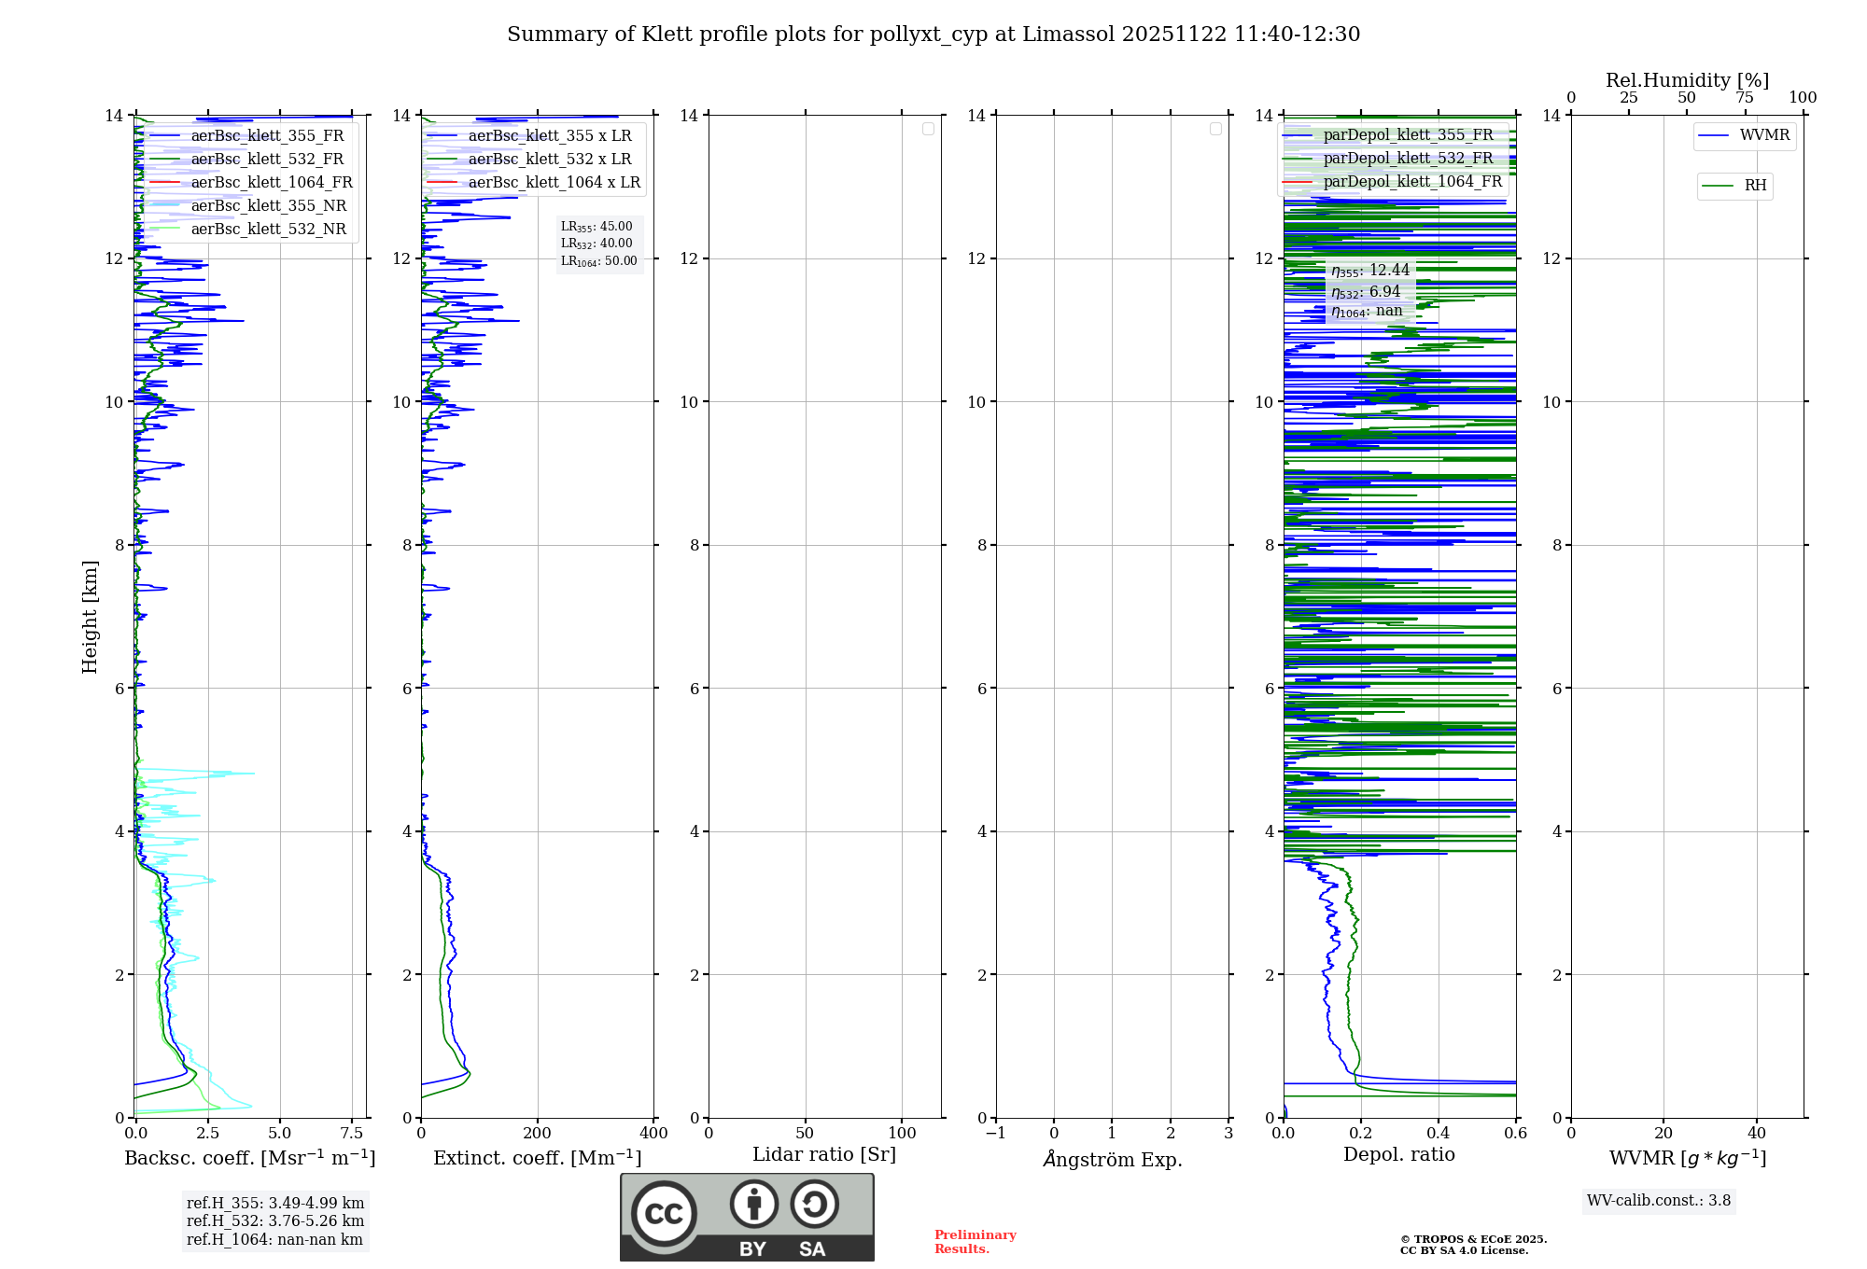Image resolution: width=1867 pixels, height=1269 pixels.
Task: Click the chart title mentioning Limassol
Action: pyautogui.click(x=933, y=35)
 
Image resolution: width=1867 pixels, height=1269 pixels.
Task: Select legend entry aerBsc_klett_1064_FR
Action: pyautogui.click(x=271, y=183)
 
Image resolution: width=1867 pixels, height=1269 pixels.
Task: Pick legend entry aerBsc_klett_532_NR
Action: pyautogui.click(x=268, y=230)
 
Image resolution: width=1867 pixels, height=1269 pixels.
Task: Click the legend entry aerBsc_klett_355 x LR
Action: pyautogui.click(x=549, y=136)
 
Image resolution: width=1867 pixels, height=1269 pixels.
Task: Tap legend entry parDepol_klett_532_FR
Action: pyautogui.click(x=1408, y=159)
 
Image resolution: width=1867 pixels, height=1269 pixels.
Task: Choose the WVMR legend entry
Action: pyautogui.click(x=1763, y=135)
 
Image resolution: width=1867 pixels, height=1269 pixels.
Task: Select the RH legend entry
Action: pyautogui.click(x=1754, y=186)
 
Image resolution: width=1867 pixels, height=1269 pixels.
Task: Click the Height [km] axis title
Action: pyautogui.click(x=90, y=617)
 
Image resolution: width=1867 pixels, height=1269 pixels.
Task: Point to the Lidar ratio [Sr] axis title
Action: pyautogui.click(x=824, y=1155)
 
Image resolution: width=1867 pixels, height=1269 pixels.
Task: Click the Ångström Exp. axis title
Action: pyautogui.click(x=1112, y=1160)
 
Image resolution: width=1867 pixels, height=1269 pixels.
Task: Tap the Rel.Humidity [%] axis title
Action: pyautogui.click(x=1687, y=80)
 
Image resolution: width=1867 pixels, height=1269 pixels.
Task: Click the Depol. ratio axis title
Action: pyautogui.click(x=1398, y=1155)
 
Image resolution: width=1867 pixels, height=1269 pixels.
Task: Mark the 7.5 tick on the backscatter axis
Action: pyautogui.click(x=352, y=1134)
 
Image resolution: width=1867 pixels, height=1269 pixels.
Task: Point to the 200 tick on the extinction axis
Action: pyautogui.click(x=538, y=1134)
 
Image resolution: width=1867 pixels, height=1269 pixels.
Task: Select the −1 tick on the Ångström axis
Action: pyautogui.click(x=996, y=1134)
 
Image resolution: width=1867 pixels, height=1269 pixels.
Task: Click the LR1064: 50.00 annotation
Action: pyautogui.click(x=598, y=261)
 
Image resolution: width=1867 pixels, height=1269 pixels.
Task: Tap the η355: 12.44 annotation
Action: pyautogui.click(x=1369, y=271)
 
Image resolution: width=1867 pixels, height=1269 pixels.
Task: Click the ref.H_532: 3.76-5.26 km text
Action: pyautogui.click(x=275, y=1221)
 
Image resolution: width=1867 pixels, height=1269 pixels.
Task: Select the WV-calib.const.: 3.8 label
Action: pyautogui.click(x=1659, y=1201)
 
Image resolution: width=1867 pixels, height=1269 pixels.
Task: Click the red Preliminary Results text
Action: pyautogui.click(x=975, y=1242)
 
